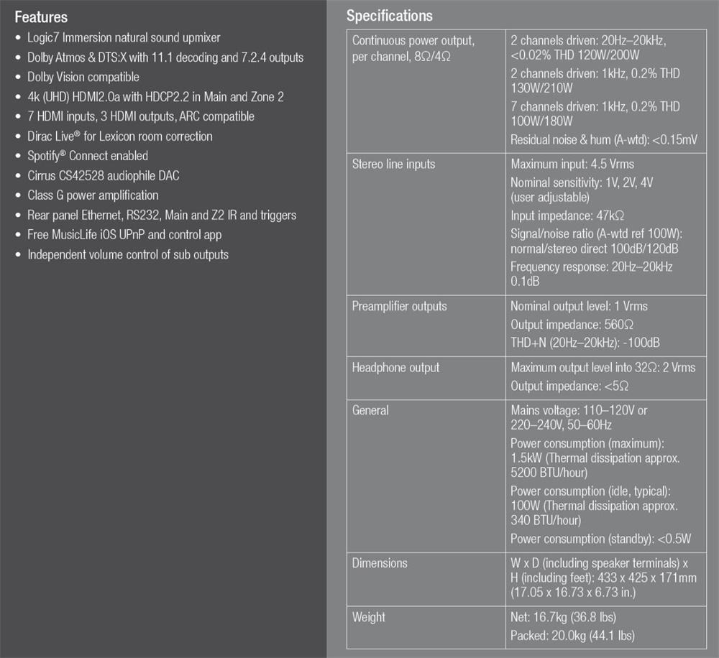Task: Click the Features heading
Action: pos(41,17)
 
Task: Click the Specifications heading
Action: pos(390,15)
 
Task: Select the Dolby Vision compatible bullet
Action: pos(83,77)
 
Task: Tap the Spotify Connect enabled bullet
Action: pos(88,156)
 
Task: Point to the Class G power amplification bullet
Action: pos(93,195)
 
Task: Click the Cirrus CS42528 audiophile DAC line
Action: pos(104,175)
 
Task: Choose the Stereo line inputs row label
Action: pos(393,164)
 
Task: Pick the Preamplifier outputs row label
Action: pos(399,307)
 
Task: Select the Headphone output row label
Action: pos(395,368)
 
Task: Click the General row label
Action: pos(370,411)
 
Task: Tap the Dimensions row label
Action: pos(380,563)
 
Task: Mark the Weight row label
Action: pos(369,617)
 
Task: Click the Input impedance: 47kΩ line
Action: pos(567,216)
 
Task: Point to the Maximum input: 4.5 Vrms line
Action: pos(572,164)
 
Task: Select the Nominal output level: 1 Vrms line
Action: pos(579,307)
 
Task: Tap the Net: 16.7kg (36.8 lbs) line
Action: pos(563,617)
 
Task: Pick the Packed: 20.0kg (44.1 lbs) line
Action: pos(572,635)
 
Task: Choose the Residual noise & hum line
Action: pos(603,140)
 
